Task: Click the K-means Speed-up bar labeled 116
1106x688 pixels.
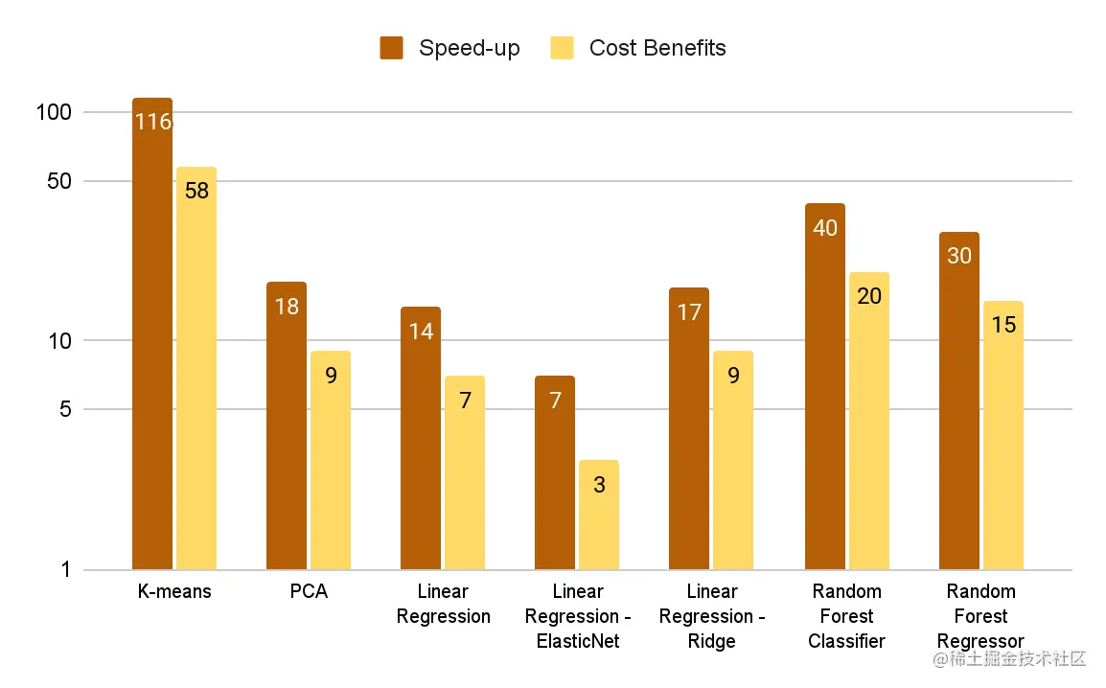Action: click(x=152, y=334)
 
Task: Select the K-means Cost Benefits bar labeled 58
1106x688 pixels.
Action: click(x=196, y=369)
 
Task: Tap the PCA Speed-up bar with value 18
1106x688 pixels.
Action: click(x=287, y=426)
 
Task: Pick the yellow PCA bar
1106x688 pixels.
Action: click(x=331, y=461)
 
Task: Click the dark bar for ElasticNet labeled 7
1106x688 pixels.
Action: click(x=555, y=473)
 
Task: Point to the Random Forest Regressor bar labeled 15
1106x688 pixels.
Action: click(x=1003, y=436)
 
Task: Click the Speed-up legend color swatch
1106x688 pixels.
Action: click(x=391, y=48)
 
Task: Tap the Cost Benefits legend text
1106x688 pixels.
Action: click(x=657, y=48)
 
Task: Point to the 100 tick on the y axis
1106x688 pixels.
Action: click(x=55, y=112)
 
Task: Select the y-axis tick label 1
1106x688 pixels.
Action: click(x=66, y=570)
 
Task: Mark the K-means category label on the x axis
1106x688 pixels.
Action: click(x=174, y=592)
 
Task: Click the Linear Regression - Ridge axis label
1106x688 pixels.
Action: click(x=712, y=616)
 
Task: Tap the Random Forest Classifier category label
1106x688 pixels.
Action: click(x=847, y=616)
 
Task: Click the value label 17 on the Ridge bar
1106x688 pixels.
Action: click(x=689, y=312)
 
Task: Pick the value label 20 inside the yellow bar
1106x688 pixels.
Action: click(x=869, y=296)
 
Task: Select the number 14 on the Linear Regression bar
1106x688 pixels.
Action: click(x=421, y=332)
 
